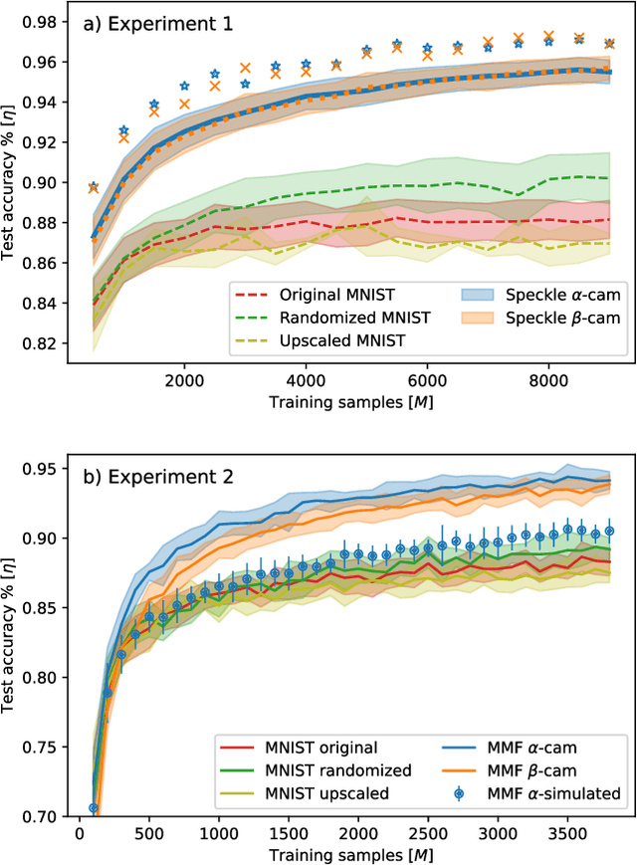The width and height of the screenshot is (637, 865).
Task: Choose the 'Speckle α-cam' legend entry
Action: (527, 296)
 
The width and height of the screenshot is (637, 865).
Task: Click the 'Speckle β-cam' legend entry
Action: (527, 319)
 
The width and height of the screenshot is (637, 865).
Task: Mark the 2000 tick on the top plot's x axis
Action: (184, 382)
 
